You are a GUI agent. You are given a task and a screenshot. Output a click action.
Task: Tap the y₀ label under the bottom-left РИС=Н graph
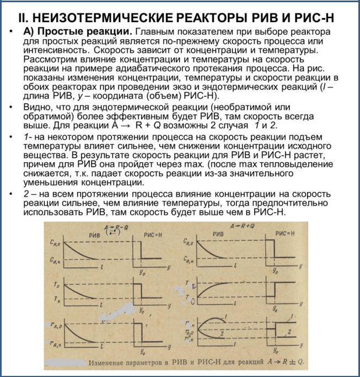142,353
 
